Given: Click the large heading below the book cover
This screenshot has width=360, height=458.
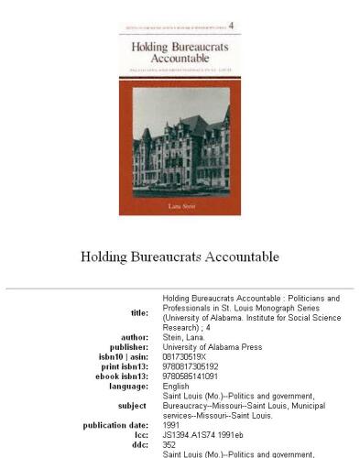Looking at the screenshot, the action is pos(180,256).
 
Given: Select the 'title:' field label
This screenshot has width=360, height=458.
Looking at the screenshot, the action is pos(135,313).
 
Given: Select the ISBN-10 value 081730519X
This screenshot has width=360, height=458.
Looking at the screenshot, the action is pos(185,357).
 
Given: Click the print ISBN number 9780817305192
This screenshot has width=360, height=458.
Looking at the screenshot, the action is pos(191,366).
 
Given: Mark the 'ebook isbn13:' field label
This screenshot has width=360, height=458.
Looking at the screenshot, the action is pos(122,376).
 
